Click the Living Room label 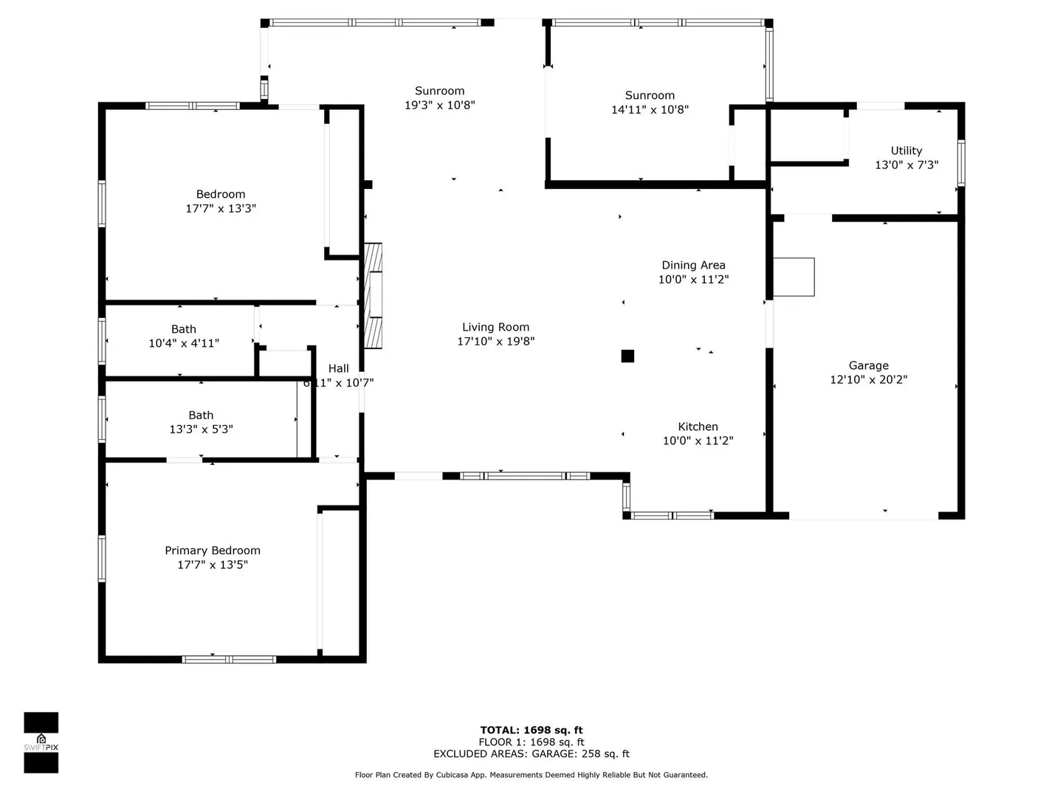tap(495, 327)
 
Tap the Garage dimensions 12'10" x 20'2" tap(868, 379)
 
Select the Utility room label tap(906, 151)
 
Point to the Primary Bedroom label tap(213, 551)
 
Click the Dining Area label tap(693, 265)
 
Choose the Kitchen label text tap(698, 427)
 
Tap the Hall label tap(339, 368)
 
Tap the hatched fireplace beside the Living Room tap(373, 296)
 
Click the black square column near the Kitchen tap(627, 356)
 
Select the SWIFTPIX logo tap(41, 743)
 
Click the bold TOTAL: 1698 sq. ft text tap(531, 731)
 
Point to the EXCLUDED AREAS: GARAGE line tap(531, 754)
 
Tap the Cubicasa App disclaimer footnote tap(531, 775)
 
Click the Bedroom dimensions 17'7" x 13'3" tap(221, 209)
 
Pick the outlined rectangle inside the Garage tap(794, 277)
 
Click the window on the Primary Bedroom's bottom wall tap(229, 659)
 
